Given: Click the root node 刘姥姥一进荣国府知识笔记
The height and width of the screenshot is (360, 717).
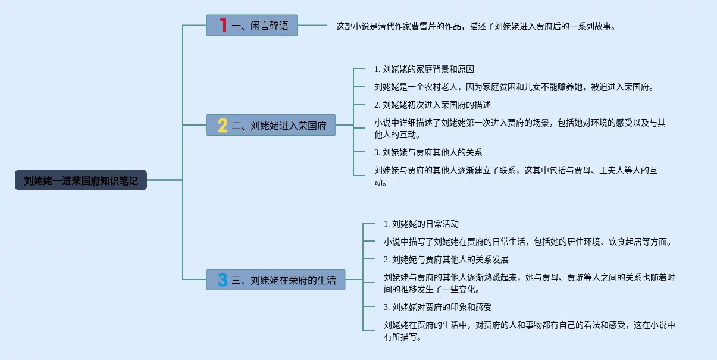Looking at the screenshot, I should tap(81, 180).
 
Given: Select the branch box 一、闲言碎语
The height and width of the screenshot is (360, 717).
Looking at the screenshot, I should tap(252, 26).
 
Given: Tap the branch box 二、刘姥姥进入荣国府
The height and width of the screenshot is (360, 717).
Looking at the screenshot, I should tap(271, 125).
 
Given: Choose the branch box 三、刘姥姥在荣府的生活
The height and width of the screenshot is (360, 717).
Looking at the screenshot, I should tap(275, 280).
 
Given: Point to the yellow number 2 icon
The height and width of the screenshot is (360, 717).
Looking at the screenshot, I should tap(223, 125).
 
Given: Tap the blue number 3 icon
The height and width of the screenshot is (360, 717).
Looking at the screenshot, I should tap(223, 280).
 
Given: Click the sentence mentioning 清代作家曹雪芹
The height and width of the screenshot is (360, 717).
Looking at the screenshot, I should tap(476, 26).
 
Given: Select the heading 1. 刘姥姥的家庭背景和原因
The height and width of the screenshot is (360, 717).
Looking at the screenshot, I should tap(424, 70).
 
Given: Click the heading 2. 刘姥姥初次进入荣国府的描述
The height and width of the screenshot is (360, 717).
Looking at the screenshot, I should tap(432, 105).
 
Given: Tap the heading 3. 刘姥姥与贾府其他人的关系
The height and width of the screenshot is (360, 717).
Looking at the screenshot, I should tap(428, 152).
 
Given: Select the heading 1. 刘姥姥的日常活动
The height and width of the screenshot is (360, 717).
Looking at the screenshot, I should tap(421, 224).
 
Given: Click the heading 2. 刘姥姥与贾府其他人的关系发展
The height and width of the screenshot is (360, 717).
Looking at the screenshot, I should tap(446, 259).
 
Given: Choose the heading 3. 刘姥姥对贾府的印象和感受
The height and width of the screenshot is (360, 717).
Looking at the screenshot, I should tap(437, 308).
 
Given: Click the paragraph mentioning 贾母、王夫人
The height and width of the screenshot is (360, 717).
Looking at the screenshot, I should tap(515, 176).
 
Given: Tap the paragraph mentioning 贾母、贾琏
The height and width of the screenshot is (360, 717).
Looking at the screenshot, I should tap(529, 283).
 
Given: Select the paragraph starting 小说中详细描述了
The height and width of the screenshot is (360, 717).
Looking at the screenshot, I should tap(519, 129).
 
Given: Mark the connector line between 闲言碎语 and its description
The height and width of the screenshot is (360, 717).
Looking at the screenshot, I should tap(312, 26).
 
